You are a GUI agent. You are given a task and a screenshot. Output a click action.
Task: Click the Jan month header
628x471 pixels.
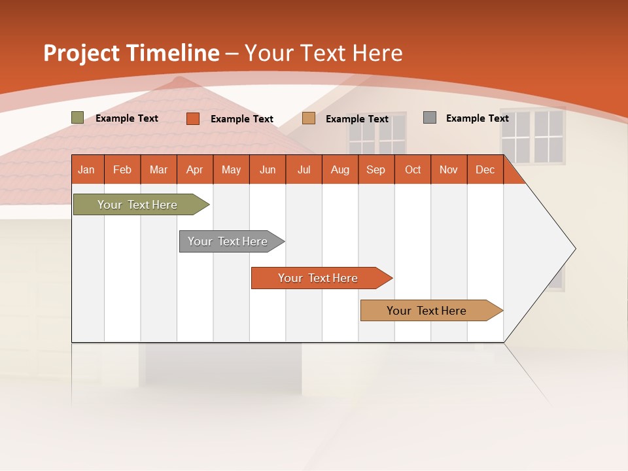point(87,169)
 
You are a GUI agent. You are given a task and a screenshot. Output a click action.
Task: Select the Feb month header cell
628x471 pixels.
point(122,169)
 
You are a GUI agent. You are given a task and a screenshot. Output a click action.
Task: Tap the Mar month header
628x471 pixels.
point(158,169)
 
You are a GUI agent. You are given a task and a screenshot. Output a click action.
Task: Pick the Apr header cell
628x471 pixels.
point(195,169)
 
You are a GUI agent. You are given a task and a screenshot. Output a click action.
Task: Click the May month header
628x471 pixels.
point(231,169)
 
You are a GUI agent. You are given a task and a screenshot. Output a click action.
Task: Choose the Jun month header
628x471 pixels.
point(268,169)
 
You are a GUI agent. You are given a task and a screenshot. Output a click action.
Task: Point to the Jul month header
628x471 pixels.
point(304,169)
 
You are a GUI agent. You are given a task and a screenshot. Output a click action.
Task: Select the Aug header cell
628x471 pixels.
point(340,169)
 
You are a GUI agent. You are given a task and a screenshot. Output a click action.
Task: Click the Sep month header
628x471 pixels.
point(376,169)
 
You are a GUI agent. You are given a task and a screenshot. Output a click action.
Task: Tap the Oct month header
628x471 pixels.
point(413,169)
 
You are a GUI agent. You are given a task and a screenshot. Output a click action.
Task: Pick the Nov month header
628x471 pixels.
point(449,169)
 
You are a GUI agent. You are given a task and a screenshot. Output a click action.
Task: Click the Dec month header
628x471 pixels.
point(485,169)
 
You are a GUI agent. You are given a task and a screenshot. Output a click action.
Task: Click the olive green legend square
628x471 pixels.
point(78,118)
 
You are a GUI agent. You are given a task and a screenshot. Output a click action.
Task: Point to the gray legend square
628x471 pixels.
point(430,118)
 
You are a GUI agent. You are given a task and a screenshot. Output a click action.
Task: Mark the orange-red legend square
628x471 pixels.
point(193,118)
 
